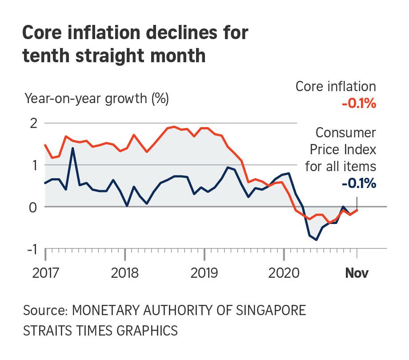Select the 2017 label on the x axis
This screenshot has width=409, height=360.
point(45,273)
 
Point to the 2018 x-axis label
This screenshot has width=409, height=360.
point(125,273)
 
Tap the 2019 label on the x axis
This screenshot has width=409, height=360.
point(204,273)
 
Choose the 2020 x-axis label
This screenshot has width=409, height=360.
point(283,273)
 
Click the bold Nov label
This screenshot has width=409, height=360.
point(357,273)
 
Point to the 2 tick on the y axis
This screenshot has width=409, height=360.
point(33,123)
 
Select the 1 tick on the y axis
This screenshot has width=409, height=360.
point(34,165)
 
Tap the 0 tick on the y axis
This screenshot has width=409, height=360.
point(33,207)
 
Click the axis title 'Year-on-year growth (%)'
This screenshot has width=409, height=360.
point(97,98)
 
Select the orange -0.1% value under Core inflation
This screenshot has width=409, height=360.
point(359,104)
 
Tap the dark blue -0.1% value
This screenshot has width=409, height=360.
point(359,183)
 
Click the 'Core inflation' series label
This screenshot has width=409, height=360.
point(336,87)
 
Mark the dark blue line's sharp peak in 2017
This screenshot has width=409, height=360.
point(72,148)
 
